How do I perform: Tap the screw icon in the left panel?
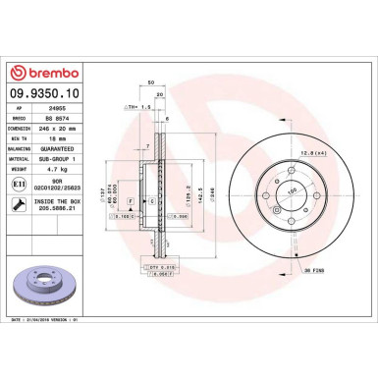(x=21, y=204)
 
